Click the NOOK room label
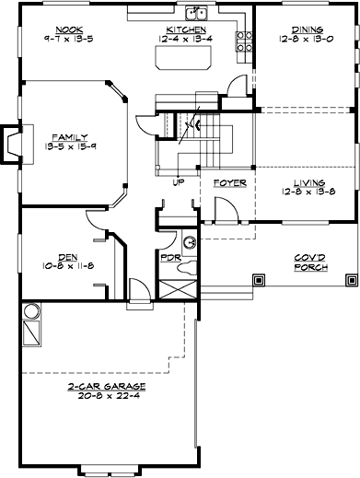69,29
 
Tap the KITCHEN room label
179,29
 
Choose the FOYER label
229,183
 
